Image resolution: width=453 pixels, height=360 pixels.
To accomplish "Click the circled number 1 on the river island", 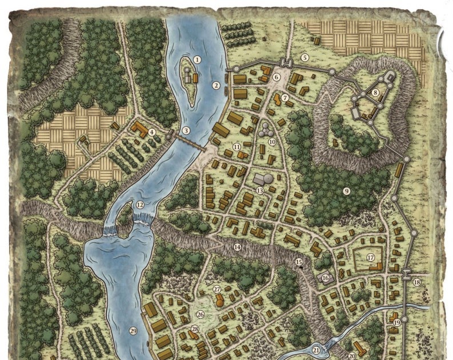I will [197, 59].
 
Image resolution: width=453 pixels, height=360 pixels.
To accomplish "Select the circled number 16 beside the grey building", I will [326, 278].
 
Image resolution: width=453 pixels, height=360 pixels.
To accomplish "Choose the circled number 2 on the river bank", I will [216, 86].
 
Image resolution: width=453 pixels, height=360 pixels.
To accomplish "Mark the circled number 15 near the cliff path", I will [299, 262].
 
